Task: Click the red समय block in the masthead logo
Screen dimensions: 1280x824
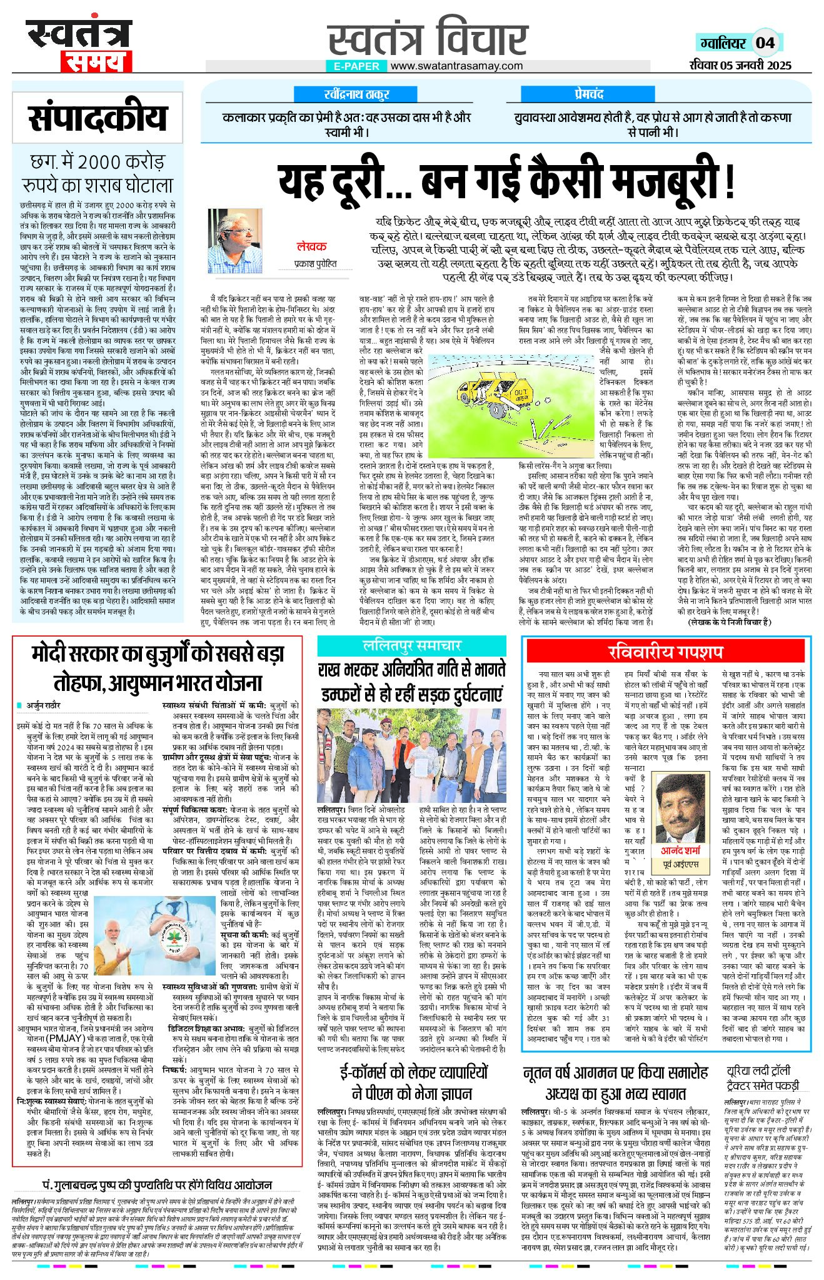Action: click(96, 61)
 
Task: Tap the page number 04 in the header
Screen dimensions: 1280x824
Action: click(765, 43)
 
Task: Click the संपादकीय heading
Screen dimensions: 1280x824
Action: click(98, 119)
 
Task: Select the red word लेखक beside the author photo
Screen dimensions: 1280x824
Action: click(311, 246)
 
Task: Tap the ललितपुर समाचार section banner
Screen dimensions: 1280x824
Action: click(411, 645)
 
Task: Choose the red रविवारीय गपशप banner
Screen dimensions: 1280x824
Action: click(666, 651)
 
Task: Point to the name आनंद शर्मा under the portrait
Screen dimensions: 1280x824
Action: click(681, 851)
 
